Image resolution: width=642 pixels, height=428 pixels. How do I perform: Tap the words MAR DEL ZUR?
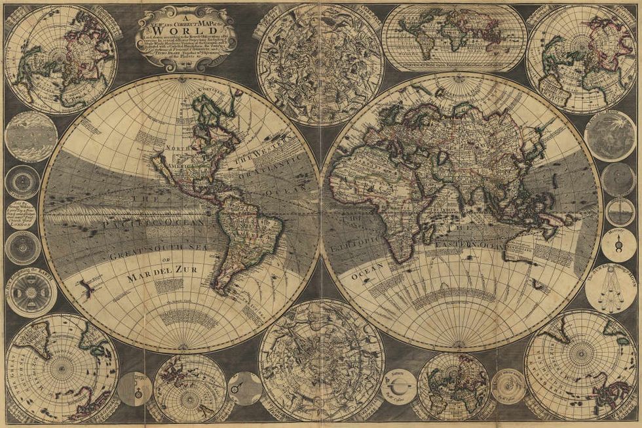pos(162,277)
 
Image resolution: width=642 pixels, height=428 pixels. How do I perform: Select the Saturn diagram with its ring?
pos(398,386)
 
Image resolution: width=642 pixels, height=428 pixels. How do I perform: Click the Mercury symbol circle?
pos(618,244)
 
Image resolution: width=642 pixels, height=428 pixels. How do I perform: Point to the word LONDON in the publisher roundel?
pos(21,222)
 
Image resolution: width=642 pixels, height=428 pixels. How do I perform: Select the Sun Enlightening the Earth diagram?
pos(31,292)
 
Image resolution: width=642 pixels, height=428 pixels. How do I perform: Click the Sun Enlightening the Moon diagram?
pos(610,287)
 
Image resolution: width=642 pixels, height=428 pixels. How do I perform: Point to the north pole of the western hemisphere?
pos(179,77)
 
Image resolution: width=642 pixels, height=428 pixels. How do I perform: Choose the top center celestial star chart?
pos(320,64)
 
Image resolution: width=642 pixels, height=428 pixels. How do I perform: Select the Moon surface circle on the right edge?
pos(609,136)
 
